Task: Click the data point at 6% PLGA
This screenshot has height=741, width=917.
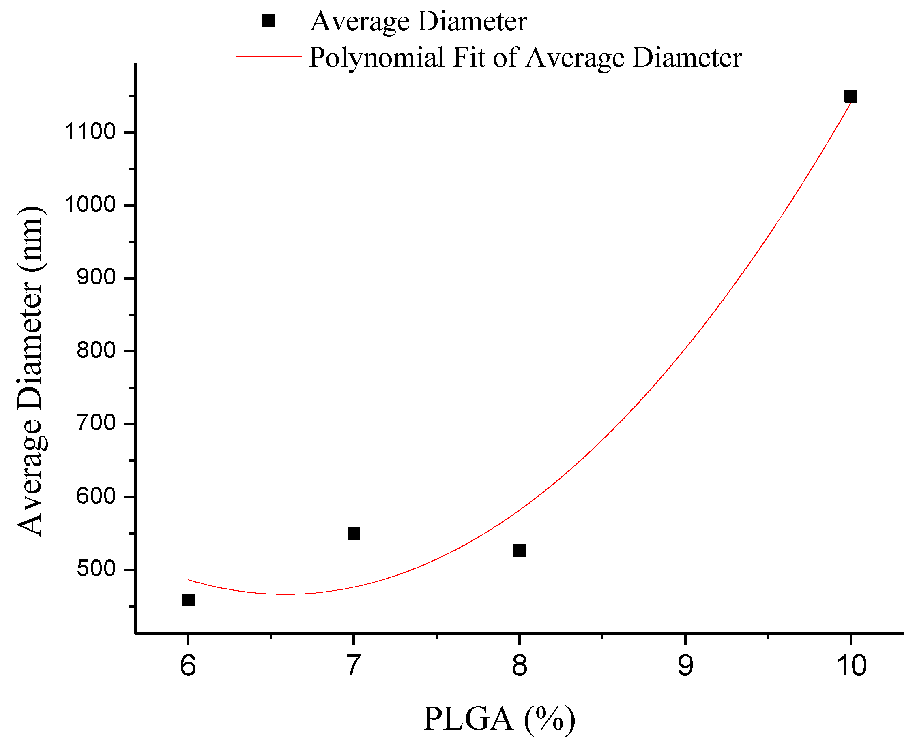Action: tap(188, 600)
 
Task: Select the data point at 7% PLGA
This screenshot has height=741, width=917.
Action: tap(354, 533)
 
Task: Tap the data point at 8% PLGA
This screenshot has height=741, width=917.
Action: tap(519, 550)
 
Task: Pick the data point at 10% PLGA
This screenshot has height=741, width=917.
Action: tap(851, 96)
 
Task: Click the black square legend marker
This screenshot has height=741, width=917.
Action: tap(268, 21)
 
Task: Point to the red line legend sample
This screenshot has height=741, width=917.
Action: tap(268, 56)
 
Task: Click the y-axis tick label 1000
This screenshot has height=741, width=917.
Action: tap(90, 205)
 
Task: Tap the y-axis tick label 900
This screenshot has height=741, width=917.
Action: tap(96, 278)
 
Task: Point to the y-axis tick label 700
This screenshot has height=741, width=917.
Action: tap(96, 423)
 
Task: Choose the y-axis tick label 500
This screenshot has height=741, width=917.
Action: tap(96, 569)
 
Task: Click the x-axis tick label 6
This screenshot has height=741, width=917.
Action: tap(188, 666)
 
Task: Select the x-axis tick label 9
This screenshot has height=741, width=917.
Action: tap(685, 666)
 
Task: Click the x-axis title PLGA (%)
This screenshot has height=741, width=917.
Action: tap(499, 719)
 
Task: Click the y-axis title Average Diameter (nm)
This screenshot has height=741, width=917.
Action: tap(30, 372)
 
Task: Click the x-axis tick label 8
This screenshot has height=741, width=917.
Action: tap(519, 666)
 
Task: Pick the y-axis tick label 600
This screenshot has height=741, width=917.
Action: tap(96, 496)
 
